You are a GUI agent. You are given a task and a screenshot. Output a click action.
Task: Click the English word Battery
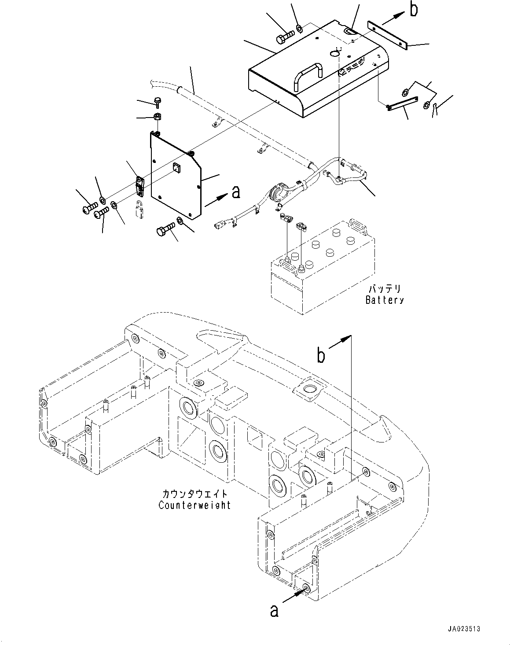[x=384, y=300]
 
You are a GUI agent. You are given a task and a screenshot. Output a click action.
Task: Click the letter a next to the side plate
[x=236, y=192]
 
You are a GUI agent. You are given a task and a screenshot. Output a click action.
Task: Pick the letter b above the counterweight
[x=322, y=355]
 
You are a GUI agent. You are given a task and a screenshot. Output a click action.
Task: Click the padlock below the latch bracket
[x=139, y=208]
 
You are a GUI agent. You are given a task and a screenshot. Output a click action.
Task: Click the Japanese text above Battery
[x=384, y=289]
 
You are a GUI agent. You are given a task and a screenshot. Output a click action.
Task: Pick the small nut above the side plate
[x=156, y=117]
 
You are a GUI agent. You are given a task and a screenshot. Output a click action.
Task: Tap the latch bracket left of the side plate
[x=139, y=186]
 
